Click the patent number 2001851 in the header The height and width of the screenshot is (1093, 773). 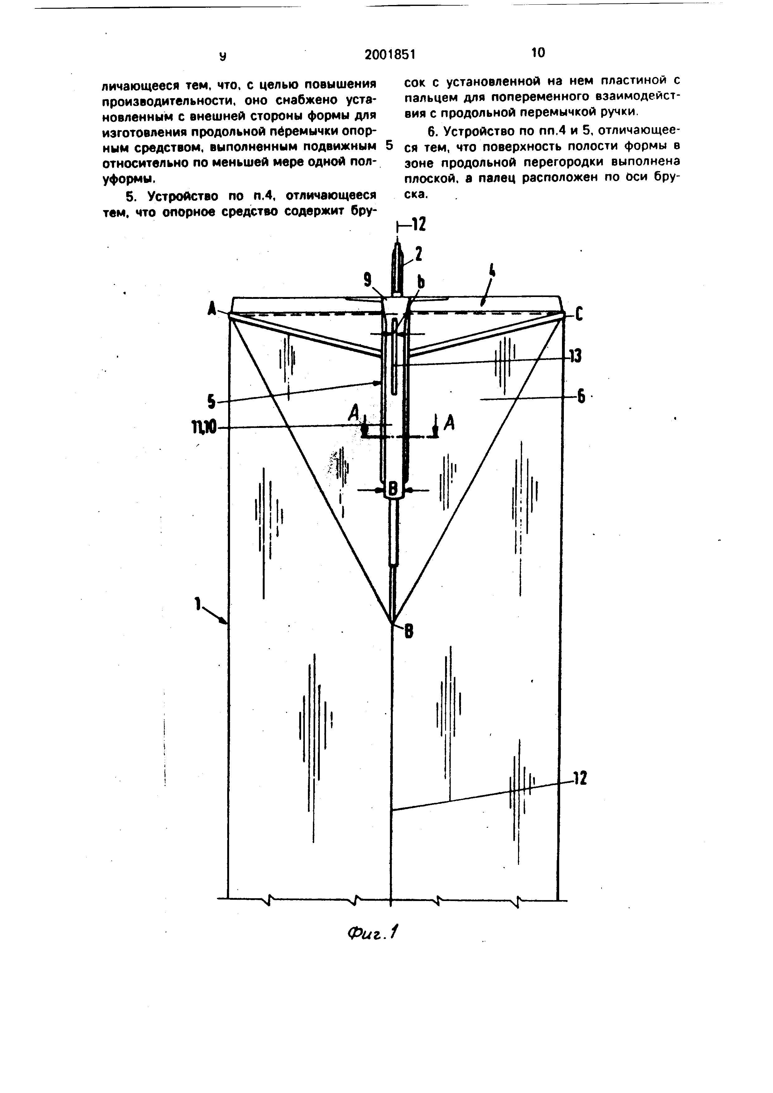pyautogui.click(x=390, y=55)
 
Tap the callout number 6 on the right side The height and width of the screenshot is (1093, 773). pyautogui.click(x=581, y=397)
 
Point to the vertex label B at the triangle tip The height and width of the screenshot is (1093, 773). pyautogui.click(x=409, y=632)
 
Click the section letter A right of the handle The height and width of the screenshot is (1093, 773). pyautogui.click(x=449, y=423)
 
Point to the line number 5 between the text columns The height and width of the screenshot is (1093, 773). pyautogui.click(x=390, y=145)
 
